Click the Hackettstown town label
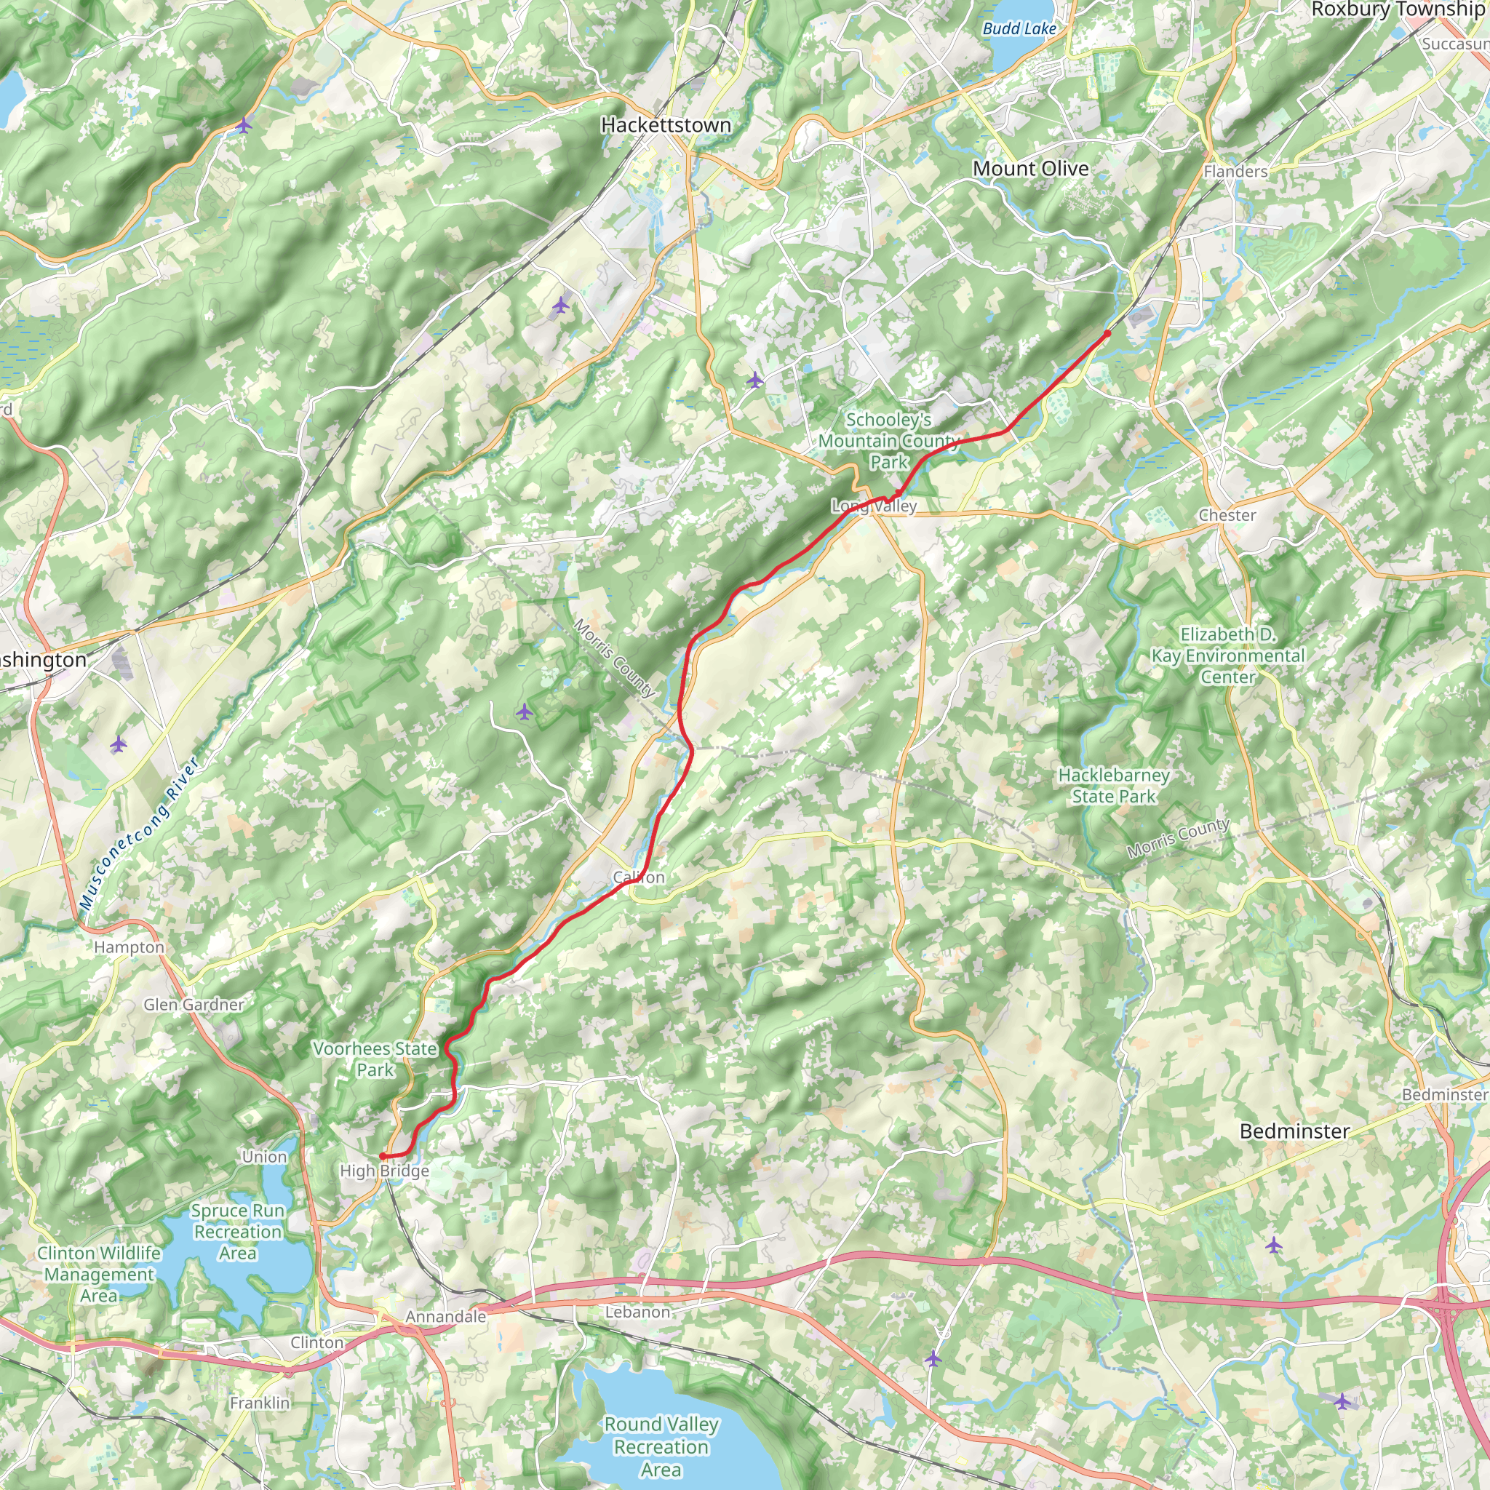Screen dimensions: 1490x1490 (x=666, y=125)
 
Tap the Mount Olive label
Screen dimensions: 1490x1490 (x=1030, y=168)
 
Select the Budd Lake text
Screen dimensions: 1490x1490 (x=1019, y=28)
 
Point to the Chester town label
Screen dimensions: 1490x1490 (x=1227, y=515)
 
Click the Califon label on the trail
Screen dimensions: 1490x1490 (x=639, y=877)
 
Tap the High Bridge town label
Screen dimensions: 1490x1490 (x=384, y=1171)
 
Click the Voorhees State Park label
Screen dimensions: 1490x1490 (x=375, y=1059)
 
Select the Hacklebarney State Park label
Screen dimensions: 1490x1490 (x=1114, y=786)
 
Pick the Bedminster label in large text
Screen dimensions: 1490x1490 (x=1294, y=1131)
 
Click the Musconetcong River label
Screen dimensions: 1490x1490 (x=140, y=834)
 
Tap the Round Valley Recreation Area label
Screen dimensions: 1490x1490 (x=661, y=1447)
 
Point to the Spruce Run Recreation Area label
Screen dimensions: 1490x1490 (x=237, y=1232)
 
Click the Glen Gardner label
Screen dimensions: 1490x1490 (x=194, y=1004)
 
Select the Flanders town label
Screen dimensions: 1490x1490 (x=1235, y=172)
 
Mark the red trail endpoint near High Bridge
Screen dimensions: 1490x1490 (x=383, y=1156)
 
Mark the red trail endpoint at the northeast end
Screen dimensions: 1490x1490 (x=1107, y=334)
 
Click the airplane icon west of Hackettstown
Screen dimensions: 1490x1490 (x=244, y=125)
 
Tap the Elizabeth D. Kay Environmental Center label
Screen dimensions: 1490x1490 (x=1228, y=656)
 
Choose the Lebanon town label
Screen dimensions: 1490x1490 (x=637, y=1312)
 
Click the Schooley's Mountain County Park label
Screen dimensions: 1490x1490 (x=888, y=441)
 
